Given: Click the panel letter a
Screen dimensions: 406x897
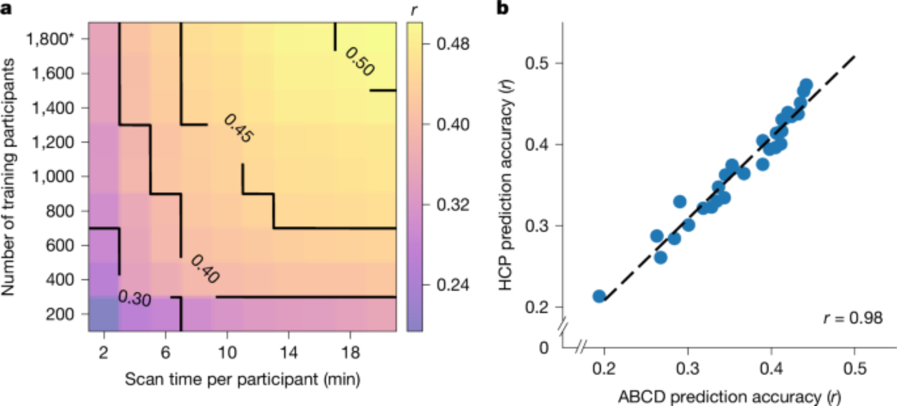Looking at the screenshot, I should point(6,8).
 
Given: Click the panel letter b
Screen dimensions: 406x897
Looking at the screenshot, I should point(503,8).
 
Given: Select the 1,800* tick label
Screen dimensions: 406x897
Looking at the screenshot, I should point(49,39).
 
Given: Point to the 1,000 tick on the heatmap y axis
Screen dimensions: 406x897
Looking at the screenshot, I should point(52,176).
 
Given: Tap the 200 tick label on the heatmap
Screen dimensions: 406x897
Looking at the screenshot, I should point(59,314).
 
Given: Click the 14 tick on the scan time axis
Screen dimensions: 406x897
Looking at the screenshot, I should point(289,353).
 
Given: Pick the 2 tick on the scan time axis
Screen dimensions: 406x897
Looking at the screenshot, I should point(104,353).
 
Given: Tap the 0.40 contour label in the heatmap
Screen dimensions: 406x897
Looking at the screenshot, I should point(205,269).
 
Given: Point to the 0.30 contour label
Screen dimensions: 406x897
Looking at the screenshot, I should point(135,298).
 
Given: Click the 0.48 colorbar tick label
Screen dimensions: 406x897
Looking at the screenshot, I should point(453,44).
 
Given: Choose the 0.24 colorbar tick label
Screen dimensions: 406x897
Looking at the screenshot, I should point(453,285).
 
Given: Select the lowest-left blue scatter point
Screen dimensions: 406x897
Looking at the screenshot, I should point(599,296).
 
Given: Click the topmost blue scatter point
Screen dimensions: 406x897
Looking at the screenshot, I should point(806,85).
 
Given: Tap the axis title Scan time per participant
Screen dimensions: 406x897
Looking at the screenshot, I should point(242,380).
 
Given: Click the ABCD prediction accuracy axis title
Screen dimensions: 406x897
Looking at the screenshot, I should point(729,397).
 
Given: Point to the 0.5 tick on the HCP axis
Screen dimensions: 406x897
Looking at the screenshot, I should point(537,63).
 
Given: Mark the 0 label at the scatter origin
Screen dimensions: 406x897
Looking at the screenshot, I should point(544,348).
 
